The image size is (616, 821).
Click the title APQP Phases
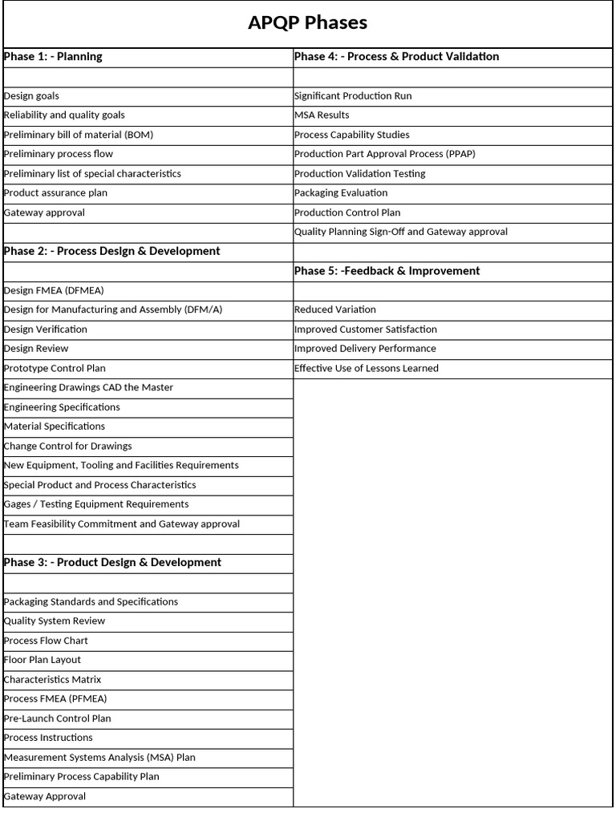[x=307, y=23]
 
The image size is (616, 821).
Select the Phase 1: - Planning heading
[x=53, y=57]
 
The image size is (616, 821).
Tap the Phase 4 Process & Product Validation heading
[x=396, y=57]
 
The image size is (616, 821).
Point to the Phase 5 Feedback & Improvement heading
[x=387, y=271]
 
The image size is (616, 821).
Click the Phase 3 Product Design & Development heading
[x=112, y=563]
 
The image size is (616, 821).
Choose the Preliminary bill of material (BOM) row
[x=79, y=135]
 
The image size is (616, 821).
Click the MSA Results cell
[x=322, y=115]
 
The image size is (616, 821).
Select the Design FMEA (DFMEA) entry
[x=54, y=290]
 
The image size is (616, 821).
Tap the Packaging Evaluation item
[x=341, y=193]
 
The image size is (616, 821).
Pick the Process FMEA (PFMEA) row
[x=55, y=699]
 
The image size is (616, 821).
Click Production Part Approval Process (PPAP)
[x=385, y=154]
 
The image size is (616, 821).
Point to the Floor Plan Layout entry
[x=43, y=660]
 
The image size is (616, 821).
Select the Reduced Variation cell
[x=335, y=309]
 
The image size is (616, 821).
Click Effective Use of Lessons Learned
[x=367, y=369]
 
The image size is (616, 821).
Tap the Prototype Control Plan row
[x=55, y=369]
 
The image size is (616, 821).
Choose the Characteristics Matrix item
[x=53, y=680]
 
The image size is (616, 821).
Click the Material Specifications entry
[x=55, y=427]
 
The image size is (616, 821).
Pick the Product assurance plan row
[x=55, y=193]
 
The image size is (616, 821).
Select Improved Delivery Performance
[x=365, y=349]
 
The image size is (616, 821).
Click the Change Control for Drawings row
[x=68, y=447]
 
